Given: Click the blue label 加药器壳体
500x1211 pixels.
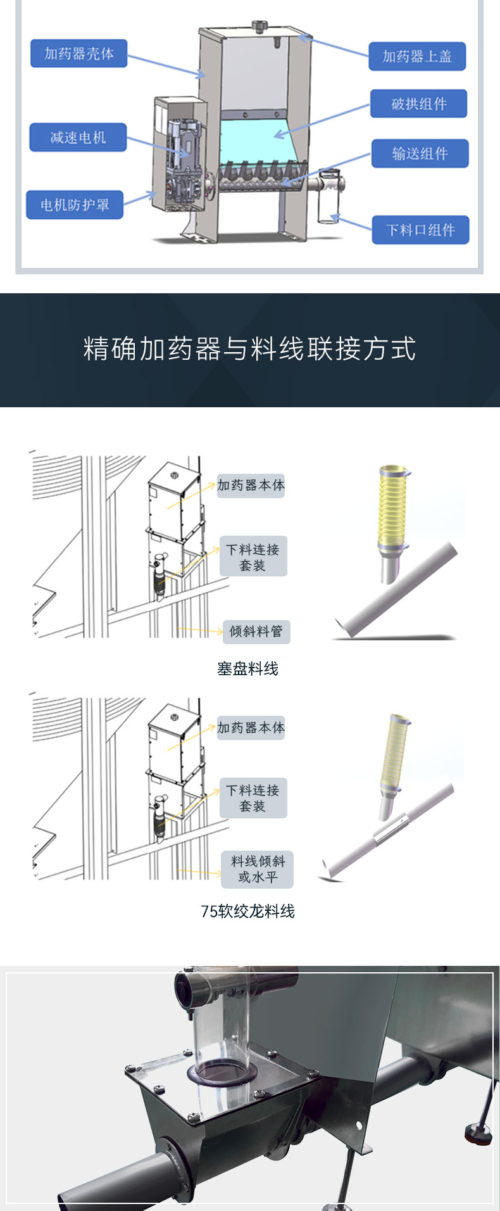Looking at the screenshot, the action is click(79, 54).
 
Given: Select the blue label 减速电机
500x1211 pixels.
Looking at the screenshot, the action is click(78, 137).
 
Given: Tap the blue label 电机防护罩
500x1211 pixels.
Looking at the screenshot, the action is click(75, 205).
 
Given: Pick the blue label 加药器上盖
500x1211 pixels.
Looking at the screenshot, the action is click(417, 56).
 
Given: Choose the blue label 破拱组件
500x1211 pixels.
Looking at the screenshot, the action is click(419, 104).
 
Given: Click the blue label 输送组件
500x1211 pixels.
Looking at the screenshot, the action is click(420, 153).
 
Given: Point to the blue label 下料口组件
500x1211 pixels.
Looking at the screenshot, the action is click(421, 230).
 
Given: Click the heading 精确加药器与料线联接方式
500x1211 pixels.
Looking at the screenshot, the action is click(250, 349).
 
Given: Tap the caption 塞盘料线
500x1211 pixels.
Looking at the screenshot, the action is click(247, 669).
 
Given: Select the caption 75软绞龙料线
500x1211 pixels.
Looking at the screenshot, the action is click(247, 911).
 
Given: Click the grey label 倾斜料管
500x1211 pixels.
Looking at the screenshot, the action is click(256, 631).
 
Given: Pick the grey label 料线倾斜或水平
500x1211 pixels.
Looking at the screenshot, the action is click(258, 869).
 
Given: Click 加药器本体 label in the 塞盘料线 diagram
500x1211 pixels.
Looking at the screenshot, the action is click(251, 486).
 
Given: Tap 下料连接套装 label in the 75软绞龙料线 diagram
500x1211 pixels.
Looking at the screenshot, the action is click(253, 798).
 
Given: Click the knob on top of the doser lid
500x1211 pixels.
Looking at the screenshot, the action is click(259, 26).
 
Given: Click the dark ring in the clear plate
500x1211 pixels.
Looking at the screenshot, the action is click(222, 1074).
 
